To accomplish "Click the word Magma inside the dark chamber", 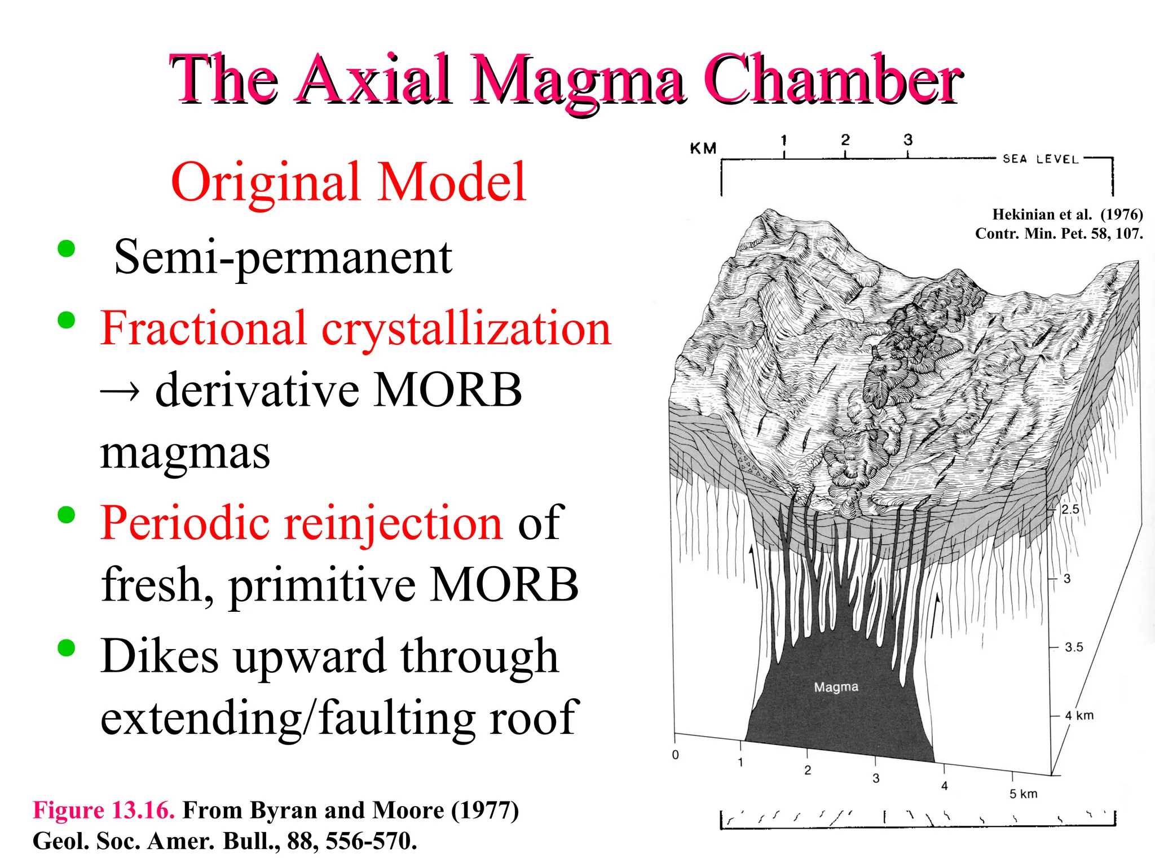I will pyautogui.click(x=836, y=687).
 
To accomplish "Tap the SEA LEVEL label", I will pyautogui.click(x=1041, y=159).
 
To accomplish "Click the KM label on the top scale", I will pyautogui.click(x=703, y=148).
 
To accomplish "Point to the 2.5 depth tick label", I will pyautogui.click(x=1070, y=509).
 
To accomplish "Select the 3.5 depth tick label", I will pyautogui.click(x=1074, y=647).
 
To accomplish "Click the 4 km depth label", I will pyautogui.click(x=1079, y=716).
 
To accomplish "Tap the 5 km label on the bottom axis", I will pyautogui.click(x=1023, y=794).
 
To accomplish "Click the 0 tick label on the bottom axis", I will pyautogui.click(x=676, y=755).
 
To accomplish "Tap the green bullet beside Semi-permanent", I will pyautogui.click(x=67, y=249).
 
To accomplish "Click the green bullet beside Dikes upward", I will pyautogui.click(x=67, y=648).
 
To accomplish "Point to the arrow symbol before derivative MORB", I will pyautogui.click(x=120, y=391).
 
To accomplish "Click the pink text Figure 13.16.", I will pyautogui.click(x=104, y=810).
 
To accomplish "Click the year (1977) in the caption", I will pyautogui.click(x=484, y=810).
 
